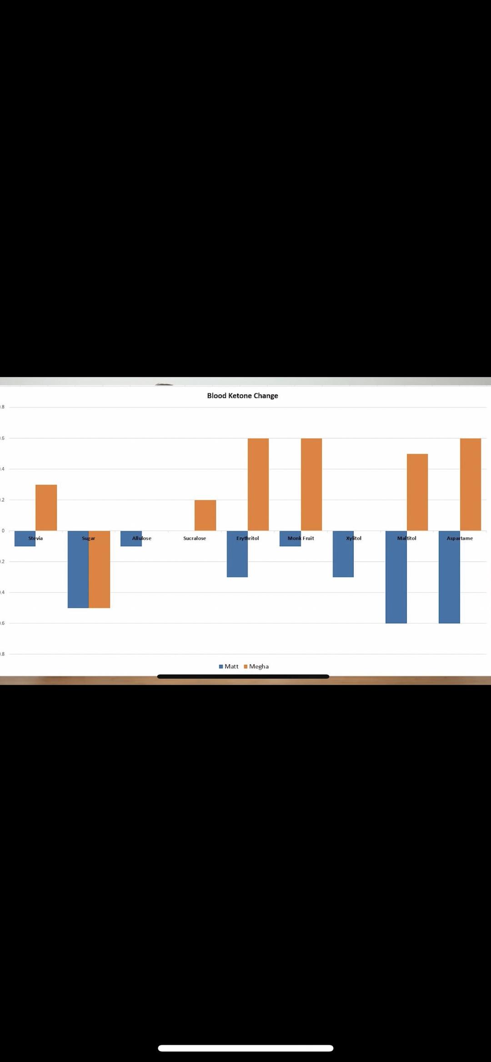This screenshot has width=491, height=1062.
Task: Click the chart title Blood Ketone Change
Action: point(242,395)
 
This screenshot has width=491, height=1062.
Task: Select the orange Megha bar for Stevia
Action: point(46,507)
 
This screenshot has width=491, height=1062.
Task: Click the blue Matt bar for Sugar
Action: point(78,572)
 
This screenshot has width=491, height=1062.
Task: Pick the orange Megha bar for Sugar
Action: point(99,572)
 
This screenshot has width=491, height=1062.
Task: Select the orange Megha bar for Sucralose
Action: point(205,515)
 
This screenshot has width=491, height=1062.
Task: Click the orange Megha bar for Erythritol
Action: point(258,484)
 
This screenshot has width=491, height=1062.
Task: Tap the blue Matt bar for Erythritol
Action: point(237,558)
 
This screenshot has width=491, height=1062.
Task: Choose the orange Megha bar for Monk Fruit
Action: point(311,484)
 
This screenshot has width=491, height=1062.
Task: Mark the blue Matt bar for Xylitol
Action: point(343,558)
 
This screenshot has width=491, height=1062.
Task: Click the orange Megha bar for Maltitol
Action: point(417,492)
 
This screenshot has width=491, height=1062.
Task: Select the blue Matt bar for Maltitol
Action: point(396,581)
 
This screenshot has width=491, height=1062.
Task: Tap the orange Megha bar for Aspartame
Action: point(471,484)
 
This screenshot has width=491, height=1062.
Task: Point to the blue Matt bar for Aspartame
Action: point(449,581)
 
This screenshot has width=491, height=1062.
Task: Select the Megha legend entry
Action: point(256,667)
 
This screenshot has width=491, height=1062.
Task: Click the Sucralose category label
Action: point(195,538)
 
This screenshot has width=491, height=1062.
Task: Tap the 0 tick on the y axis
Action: point(3,530)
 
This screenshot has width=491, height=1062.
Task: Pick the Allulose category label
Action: point(142,538)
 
